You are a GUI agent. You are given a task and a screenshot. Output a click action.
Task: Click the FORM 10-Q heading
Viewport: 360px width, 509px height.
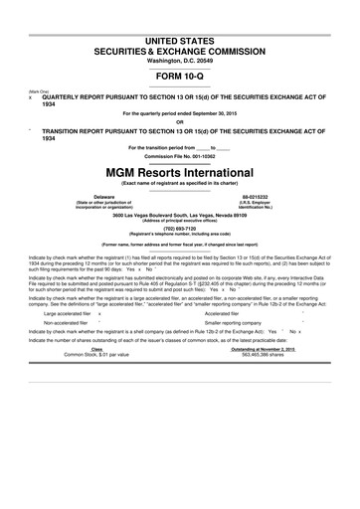179,75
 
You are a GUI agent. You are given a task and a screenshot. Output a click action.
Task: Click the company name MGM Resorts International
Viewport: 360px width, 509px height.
179,172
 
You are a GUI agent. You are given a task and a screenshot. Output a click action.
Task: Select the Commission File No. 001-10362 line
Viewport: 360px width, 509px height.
179,156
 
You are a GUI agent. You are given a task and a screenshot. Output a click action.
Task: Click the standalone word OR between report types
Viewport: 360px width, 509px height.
179,122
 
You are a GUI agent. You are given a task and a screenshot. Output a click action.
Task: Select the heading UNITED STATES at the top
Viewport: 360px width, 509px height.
179,38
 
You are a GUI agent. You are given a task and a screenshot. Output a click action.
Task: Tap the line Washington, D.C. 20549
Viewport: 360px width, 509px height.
179,60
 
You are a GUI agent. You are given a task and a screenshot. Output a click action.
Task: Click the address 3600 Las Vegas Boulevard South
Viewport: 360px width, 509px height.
179,214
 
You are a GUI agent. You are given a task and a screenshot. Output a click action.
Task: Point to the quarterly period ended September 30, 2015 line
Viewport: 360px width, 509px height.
179,113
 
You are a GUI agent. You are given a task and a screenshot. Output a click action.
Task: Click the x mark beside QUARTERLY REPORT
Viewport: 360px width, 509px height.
31,98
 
